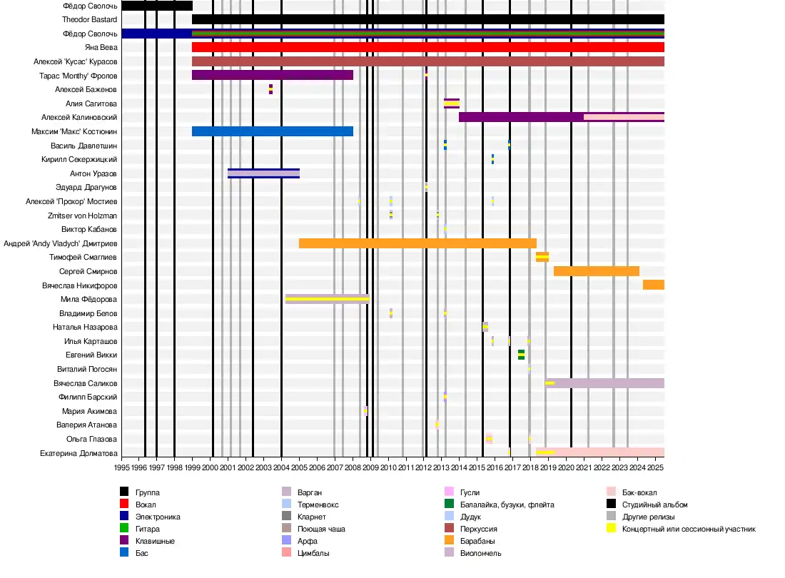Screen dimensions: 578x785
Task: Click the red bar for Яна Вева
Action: click(x=428, y=47)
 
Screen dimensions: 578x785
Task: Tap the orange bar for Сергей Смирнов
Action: click(x=596, y=271)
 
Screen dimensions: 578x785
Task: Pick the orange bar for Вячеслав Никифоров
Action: click(x=653, y=285)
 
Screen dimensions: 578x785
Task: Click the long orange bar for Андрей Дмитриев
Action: click(x=417, y=243)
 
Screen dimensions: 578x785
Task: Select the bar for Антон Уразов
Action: click(x=263, y=173)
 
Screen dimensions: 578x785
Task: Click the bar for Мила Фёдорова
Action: click(x=327, y=299)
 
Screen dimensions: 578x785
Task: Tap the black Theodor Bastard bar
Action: click(x=428, y=19)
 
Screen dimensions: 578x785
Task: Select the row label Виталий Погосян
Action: click(x=87, y=370)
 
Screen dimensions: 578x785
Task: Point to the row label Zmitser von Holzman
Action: click(x=82, y=216)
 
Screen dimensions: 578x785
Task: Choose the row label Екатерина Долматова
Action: click(x=78, y=453)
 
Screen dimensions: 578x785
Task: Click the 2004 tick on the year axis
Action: click(x=281, y=467)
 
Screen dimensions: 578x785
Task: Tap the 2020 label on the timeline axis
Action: click(x=566, y=467)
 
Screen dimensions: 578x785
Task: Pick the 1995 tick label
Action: click(x=121, y=467)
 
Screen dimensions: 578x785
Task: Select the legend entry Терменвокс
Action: click(x=318, y=505)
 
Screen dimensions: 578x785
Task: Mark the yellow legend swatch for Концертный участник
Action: click(x=611, y=529)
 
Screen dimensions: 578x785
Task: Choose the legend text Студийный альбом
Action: click(x=654, y=505)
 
